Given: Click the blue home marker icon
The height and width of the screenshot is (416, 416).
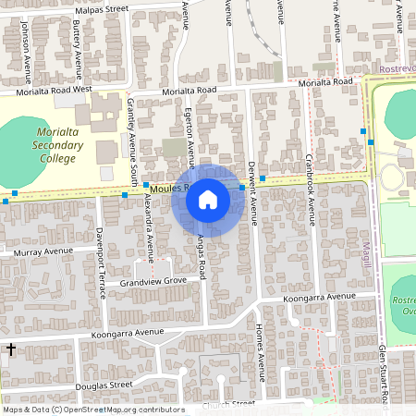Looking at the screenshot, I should (208, 200).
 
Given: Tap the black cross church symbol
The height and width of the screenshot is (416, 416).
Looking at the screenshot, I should (10, 349).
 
